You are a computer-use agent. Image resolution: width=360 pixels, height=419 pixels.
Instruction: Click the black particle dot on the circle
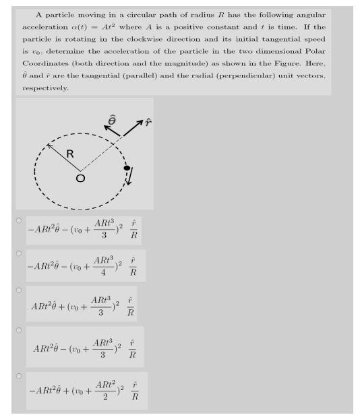pos(126,167)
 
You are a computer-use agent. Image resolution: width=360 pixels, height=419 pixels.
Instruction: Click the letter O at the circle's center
pos(80,179)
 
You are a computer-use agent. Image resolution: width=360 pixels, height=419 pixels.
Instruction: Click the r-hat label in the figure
pos(147,122)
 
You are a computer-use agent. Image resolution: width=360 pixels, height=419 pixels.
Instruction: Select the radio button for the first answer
pos(20,220)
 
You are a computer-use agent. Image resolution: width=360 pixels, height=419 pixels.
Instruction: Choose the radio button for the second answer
pos(20,253)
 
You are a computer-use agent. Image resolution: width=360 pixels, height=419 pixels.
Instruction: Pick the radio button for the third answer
pos(20,290)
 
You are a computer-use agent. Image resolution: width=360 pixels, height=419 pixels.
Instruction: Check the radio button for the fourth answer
pos(20,330)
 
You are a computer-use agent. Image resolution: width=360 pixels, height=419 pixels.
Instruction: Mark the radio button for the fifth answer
pos(20,375)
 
